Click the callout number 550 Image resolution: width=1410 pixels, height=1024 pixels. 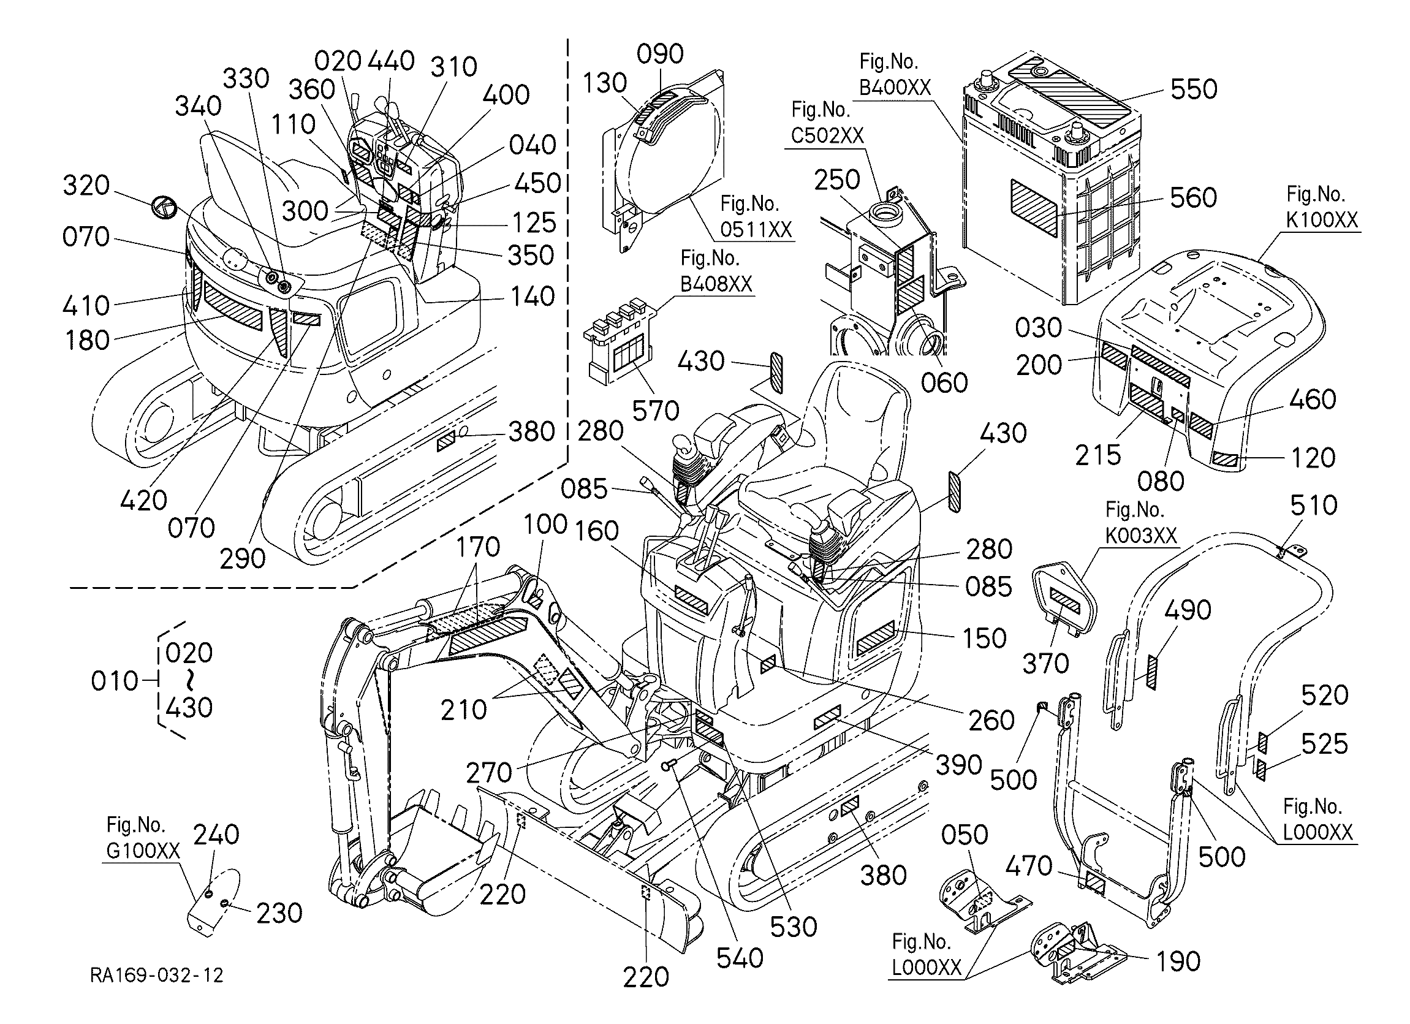tap(1194, 89)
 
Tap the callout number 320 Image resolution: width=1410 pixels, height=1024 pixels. tap(86, 185)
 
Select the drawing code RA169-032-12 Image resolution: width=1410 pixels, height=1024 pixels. tap(157, 975)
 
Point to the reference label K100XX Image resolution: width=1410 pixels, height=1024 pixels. tap(1322, 220)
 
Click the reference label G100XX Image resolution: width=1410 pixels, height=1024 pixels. tap(143, 850)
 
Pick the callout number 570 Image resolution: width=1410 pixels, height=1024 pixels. tap(655, 411)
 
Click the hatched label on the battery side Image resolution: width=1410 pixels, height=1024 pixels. tap(1033, 208)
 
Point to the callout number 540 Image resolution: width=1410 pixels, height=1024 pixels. tap(740, 958)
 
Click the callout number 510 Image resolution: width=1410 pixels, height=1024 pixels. tap(1314, 506)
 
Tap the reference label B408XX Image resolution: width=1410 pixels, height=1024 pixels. tap(716, 284)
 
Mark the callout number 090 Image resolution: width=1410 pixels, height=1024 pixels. tap(660, 55)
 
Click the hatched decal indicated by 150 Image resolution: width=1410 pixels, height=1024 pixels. tap(875, 638)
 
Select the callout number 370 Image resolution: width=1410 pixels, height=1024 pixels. tap(1046, 664)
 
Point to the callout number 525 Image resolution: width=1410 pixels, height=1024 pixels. tap(1325, 743)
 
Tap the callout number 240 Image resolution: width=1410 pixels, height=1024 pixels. tap(216, 835)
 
